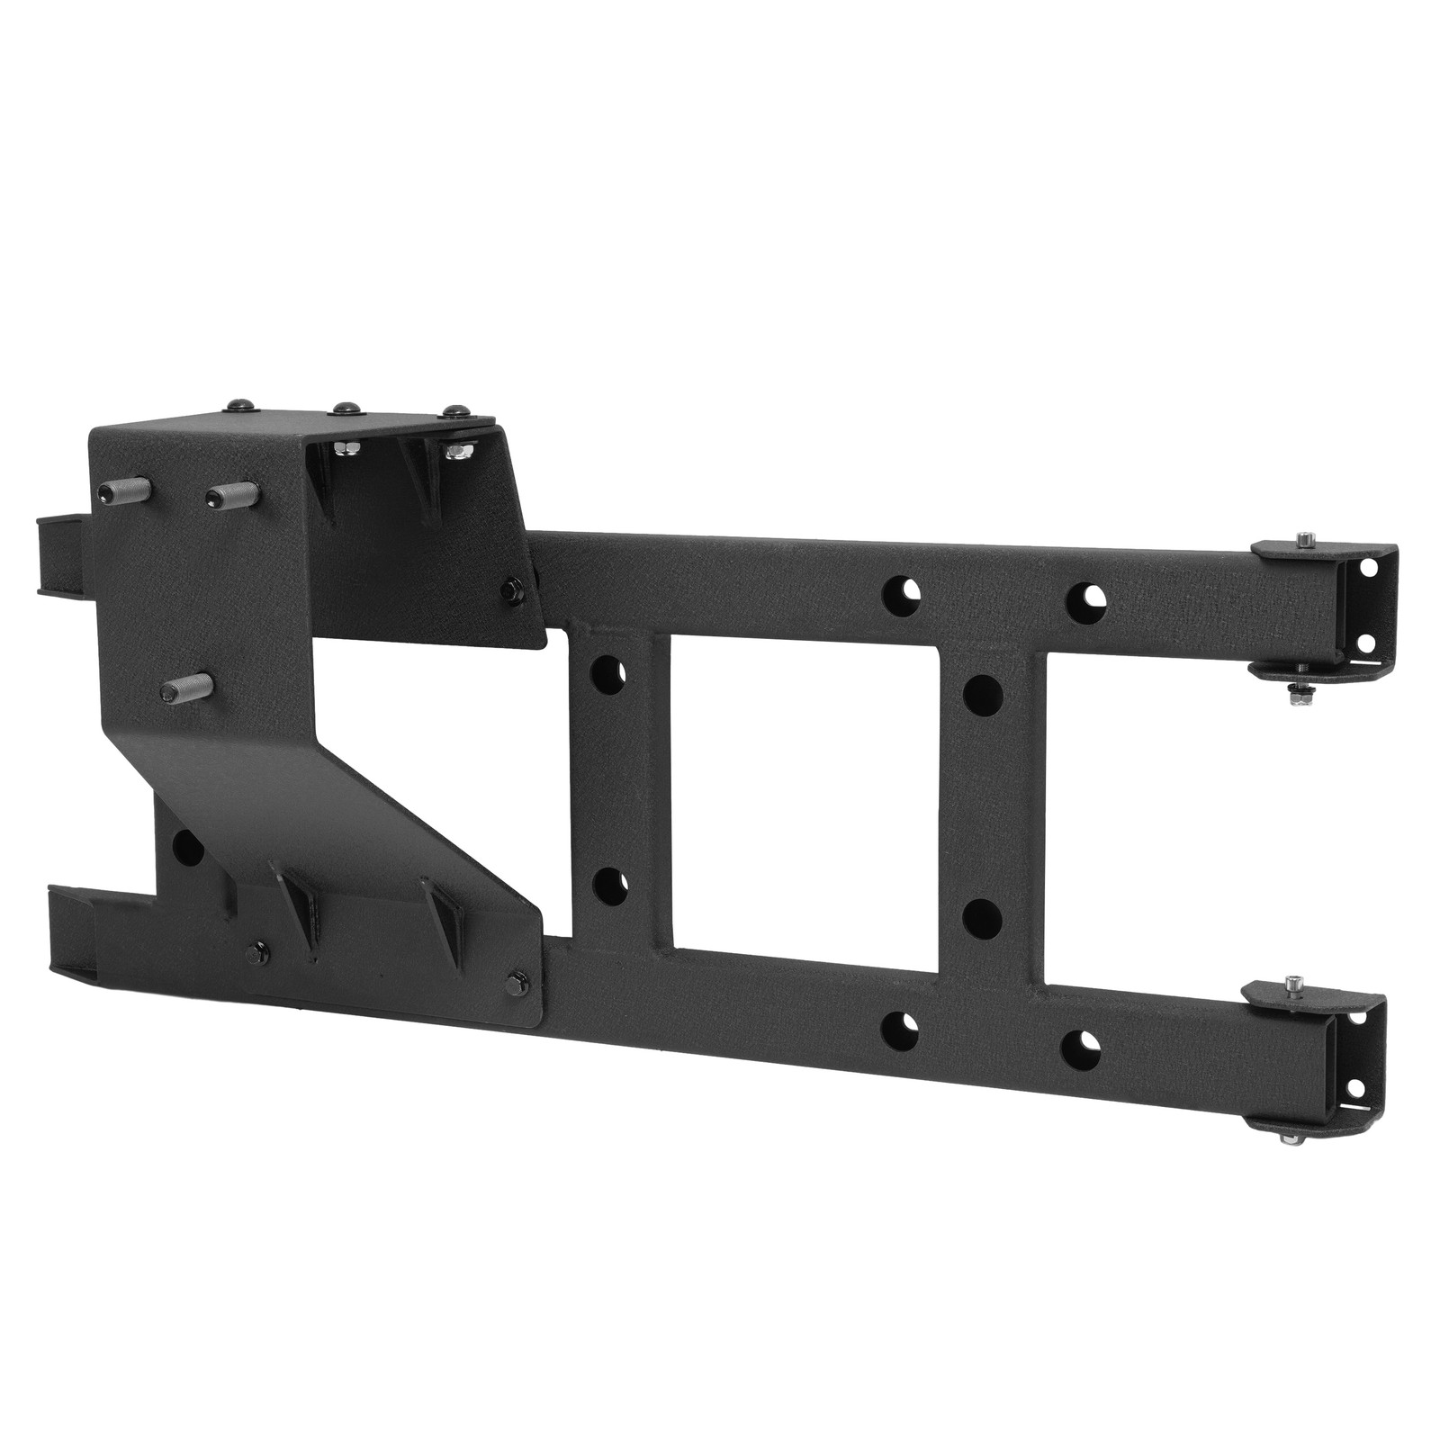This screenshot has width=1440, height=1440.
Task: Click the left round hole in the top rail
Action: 899,591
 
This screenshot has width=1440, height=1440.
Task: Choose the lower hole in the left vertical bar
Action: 609,884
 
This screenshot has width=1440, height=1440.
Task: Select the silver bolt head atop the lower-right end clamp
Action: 1293,980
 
